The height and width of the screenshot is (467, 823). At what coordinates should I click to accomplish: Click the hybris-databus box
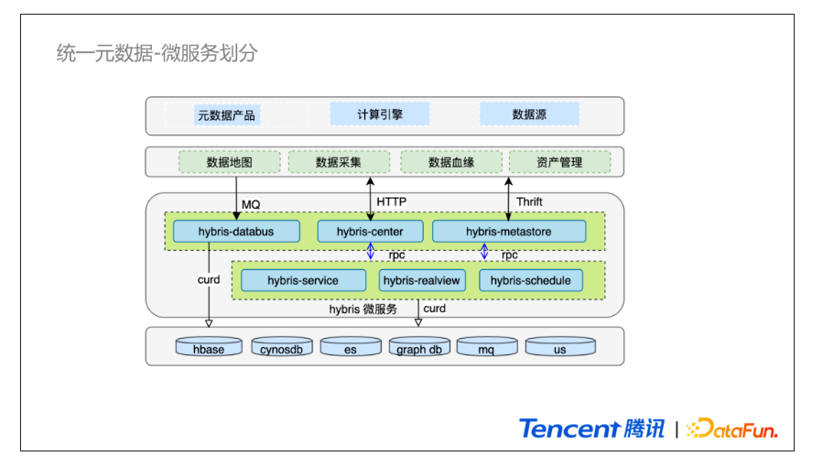point(236,232)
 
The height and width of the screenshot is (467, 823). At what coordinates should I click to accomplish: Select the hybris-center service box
point(370,232)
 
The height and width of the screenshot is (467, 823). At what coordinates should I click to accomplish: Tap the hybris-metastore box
point(509,232)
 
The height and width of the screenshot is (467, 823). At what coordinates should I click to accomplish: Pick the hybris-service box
point(303,280)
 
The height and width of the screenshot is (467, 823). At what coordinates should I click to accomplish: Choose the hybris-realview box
point(422,280)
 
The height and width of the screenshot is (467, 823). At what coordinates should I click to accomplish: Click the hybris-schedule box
point(531,280)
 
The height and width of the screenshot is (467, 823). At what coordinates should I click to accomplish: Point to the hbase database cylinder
point(209,347)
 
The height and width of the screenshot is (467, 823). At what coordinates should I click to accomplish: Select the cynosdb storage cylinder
point(281,347)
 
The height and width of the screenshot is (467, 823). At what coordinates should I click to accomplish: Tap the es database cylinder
point(351,347)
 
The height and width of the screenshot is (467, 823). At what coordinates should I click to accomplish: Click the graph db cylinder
point(419,347)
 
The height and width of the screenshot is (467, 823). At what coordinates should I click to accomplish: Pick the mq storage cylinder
point(486,347)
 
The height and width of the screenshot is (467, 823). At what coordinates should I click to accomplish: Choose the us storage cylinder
point(560,347)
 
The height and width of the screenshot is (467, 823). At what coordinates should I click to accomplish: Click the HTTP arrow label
point(392,202)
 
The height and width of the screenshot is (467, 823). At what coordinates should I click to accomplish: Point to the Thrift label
point(529,202)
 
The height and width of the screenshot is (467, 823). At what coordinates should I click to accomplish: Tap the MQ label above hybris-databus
point(251,204)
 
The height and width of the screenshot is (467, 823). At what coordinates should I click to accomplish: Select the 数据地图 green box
point(230,162)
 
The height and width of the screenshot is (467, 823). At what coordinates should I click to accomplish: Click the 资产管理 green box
point(559,162)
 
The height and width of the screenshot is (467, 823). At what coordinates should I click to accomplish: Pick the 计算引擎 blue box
point(380,114)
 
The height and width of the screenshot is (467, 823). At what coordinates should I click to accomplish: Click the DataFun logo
point(732,429)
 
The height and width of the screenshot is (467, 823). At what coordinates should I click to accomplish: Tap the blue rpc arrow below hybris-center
point(371,251)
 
